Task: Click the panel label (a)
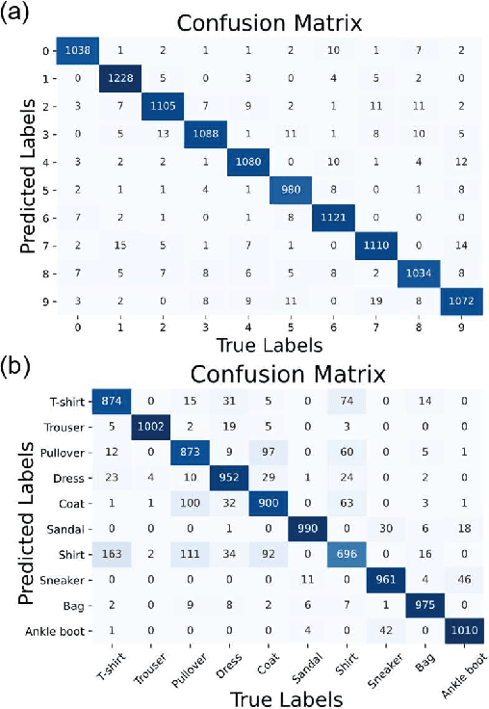tap(20, 17)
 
